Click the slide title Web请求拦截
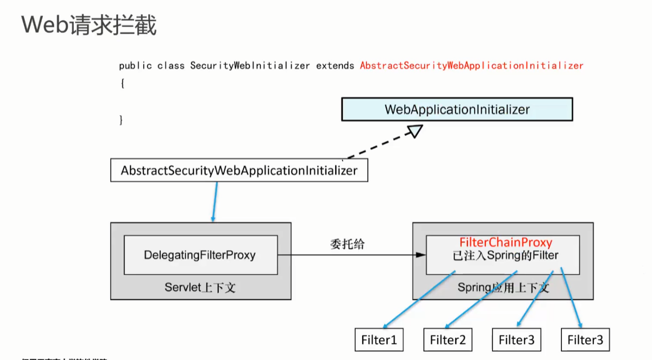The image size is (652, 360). pos(89,25)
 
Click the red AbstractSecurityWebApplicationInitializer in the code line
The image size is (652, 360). pos(471,66)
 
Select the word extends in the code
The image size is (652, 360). pos(335,66)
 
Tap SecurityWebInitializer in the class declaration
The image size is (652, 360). pos(250,66)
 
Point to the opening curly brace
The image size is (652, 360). pos(122,83)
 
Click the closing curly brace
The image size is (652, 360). pos(122,120)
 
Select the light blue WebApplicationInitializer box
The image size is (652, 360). pos(457,110)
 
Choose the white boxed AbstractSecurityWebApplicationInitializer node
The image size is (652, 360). pos(239,171)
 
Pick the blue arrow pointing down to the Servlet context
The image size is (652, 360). pos(215,201)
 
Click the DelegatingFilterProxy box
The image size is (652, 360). pos(200,255)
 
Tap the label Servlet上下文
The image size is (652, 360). pos(200,288)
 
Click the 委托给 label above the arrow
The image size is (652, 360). pos(348,244)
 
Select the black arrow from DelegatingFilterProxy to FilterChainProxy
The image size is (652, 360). pos(350,255)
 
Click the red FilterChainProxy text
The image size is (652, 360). pos(505,243)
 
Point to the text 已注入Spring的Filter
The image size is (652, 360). pos(502,256)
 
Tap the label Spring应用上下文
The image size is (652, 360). pos(503,288)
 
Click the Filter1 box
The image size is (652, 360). pos(379,340)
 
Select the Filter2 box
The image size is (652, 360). pos(447,340)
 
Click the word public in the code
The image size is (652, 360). pos(135,66)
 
